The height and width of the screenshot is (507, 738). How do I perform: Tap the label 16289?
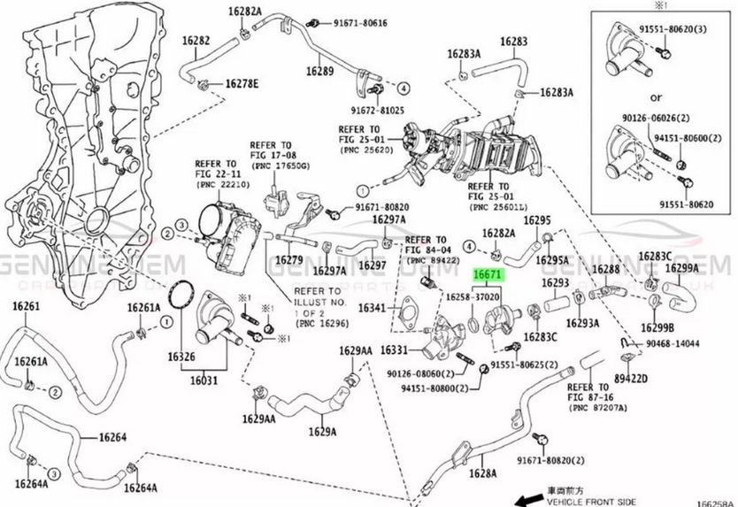(319, 71)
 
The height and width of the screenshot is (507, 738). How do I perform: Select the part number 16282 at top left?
(196, 41)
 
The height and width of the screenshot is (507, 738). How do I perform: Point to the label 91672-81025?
(376, 110)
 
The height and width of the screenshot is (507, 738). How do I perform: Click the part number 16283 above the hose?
(513, 42)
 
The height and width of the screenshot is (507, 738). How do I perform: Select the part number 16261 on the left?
(26, 306)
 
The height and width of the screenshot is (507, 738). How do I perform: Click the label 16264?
(112, 437)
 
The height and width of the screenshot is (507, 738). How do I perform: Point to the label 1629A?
(322, 432)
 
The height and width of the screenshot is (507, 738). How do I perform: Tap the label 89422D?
(631, 378)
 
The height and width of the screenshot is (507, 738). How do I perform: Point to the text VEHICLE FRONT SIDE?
(592, 500)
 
